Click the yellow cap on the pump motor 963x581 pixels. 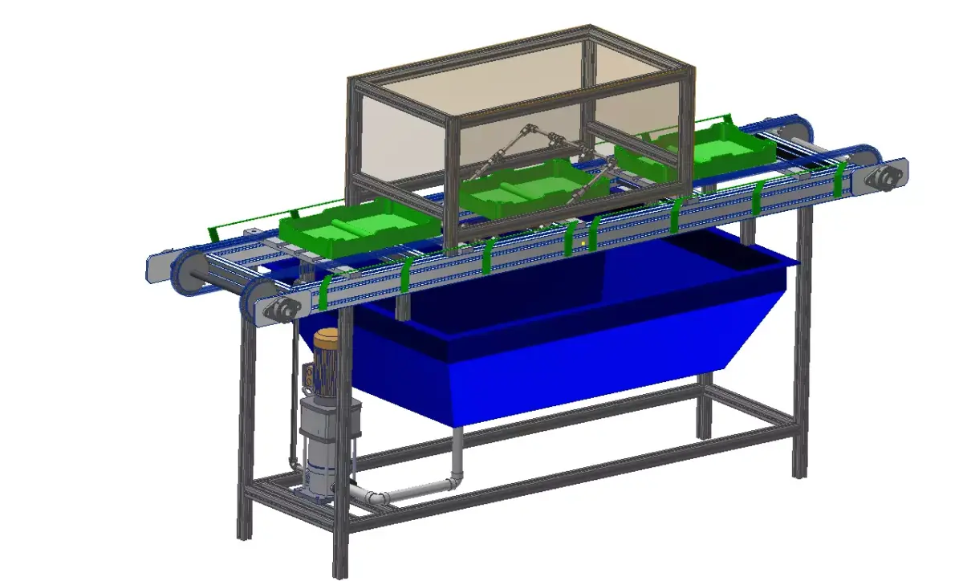[327, 339]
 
